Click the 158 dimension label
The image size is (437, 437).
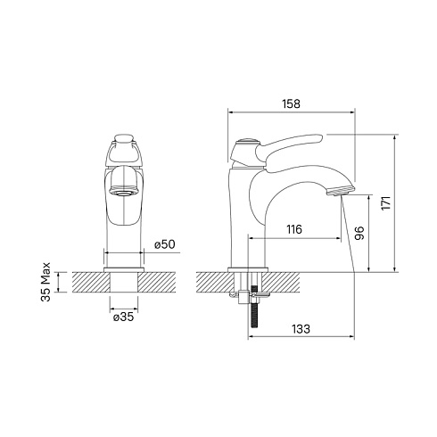[291, 103]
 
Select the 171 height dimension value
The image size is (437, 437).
[386, 203]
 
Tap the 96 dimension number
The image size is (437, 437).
[359, 234]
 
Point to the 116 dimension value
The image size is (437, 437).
[294, 229]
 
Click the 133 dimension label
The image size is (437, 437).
[301, 329]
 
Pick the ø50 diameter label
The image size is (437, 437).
[165, 244]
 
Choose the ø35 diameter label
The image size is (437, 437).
[124, 317]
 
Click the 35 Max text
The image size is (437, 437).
[46, 282]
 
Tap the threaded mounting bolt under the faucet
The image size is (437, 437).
[254, 307]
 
